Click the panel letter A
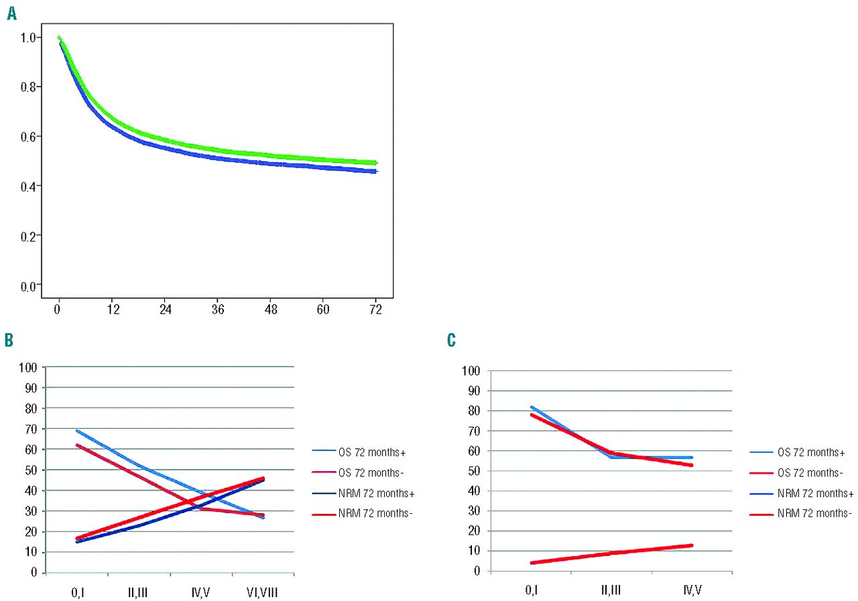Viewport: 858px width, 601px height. (11, 14)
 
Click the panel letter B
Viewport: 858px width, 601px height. (9, 340)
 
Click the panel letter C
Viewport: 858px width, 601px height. (452, 341)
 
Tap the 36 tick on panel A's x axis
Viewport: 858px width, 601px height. (218, 310)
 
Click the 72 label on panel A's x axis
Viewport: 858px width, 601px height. (376, 310)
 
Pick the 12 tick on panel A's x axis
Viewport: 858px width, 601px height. (113, 310)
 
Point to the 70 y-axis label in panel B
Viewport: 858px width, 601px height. (31, 429)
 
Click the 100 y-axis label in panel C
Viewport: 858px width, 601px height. (472, 371)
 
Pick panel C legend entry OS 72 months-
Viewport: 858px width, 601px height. (802, 474)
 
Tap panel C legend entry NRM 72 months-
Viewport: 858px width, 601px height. (804, 513)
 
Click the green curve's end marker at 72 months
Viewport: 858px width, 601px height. (376, 163)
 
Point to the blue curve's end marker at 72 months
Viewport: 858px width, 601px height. (376, 172)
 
